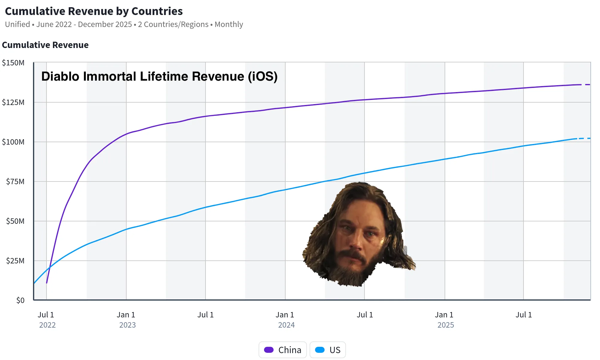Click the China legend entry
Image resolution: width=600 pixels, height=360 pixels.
pyautogui.click(x=283, y=350)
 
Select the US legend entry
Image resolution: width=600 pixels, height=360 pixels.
pyautogui.click(x=328, y=350)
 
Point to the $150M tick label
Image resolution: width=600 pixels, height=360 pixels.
pyautogui.click(x=13, y=63)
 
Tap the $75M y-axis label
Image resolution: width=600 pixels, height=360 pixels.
pyautogui.click(x=15, y=181)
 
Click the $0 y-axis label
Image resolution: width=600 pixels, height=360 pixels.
pyautogui.click(x=20, y=300)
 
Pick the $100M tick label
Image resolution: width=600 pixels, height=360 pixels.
pyautogui.click(x=13, y=142)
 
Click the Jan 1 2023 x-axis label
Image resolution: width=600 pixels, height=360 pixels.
pyautogui.click(x=126, y=319)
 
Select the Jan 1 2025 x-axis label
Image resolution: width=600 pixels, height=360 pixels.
pyautogui.click(x=445, y=319)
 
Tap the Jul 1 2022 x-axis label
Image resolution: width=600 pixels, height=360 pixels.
pyautogui.click(x=46, y=319)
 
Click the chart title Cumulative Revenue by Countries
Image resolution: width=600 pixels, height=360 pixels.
pyautogui.click(x=94, y=11)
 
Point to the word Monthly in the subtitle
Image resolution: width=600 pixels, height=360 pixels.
pyautogui.click(x=229, y=24)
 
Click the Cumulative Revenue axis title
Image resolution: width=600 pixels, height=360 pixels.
pyautogui.click(x=45, y=45)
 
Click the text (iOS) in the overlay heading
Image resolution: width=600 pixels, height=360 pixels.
pyautogui.click(x=262, y=76)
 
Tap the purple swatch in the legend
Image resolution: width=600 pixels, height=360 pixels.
pyautogui.click(x=269, y=350)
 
